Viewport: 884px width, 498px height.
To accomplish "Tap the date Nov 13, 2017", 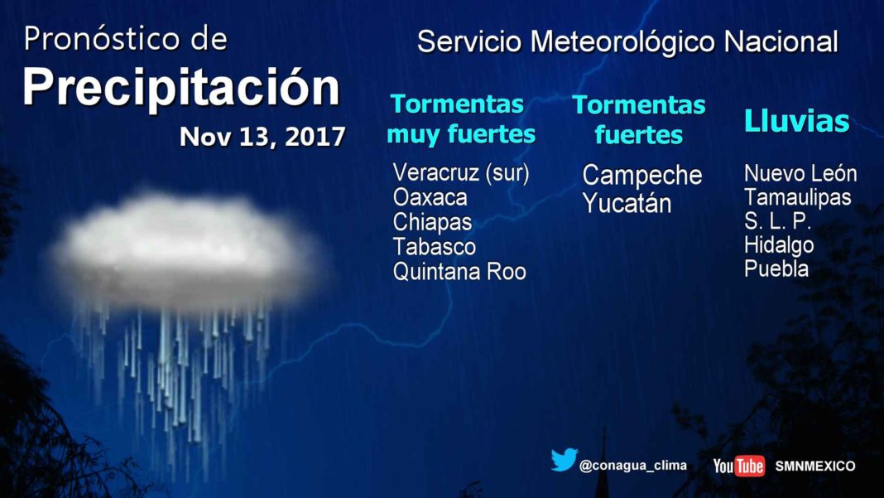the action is coord(262,138).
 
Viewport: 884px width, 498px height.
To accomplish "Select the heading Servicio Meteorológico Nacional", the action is coord(627,42).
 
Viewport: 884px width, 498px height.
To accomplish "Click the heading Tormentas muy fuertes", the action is coord(460,119).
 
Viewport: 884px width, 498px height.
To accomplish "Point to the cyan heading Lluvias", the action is coord(796,121).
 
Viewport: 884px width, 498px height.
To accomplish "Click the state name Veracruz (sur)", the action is coord(461,173).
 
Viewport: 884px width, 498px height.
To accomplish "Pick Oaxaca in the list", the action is coord(430,197).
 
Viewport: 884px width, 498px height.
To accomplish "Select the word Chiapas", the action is coord(432,222).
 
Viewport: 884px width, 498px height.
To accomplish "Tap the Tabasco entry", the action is coord(434,247).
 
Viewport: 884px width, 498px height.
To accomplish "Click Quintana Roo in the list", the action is coord(459,272).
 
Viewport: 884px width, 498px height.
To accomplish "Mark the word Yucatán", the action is coord(627,203).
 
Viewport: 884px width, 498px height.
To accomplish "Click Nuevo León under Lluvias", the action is coord(800,173).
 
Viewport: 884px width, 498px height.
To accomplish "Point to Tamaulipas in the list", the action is coord(798,197).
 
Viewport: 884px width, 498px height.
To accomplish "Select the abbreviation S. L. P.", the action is coord(777,221).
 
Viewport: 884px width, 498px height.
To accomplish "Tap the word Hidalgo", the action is coord(779,245).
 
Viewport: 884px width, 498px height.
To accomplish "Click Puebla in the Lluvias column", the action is coord(776,268).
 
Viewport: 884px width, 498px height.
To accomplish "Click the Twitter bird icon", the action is coord(565,460).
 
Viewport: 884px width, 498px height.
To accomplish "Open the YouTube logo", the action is coord(739,466).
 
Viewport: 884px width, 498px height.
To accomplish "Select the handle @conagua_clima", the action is coord(633,466).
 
